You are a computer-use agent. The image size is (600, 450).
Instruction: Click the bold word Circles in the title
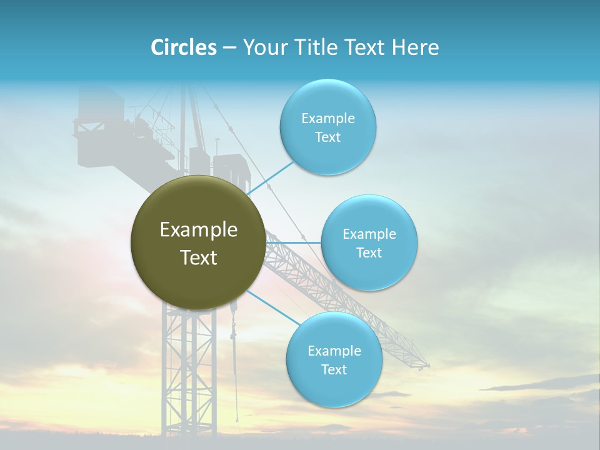184,47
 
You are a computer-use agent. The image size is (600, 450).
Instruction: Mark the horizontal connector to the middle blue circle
294,242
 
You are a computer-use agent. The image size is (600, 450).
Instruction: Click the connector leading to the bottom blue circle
272,307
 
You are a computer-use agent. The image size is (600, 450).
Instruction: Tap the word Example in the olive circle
199,230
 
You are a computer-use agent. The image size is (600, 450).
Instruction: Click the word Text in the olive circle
199,257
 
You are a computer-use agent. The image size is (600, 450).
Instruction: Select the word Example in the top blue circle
328,119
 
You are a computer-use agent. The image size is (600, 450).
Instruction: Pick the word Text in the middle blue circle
369,253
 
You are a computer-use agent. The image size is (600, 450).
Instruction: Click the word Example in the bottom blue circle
334,351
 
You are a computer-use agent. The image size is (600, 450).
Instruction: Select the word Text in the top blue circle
328,137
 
